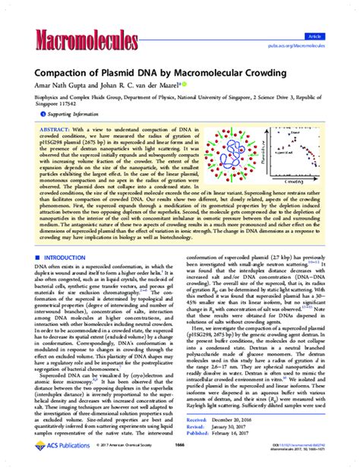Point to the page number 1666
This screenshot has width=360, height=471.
(x=180, y=456)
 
